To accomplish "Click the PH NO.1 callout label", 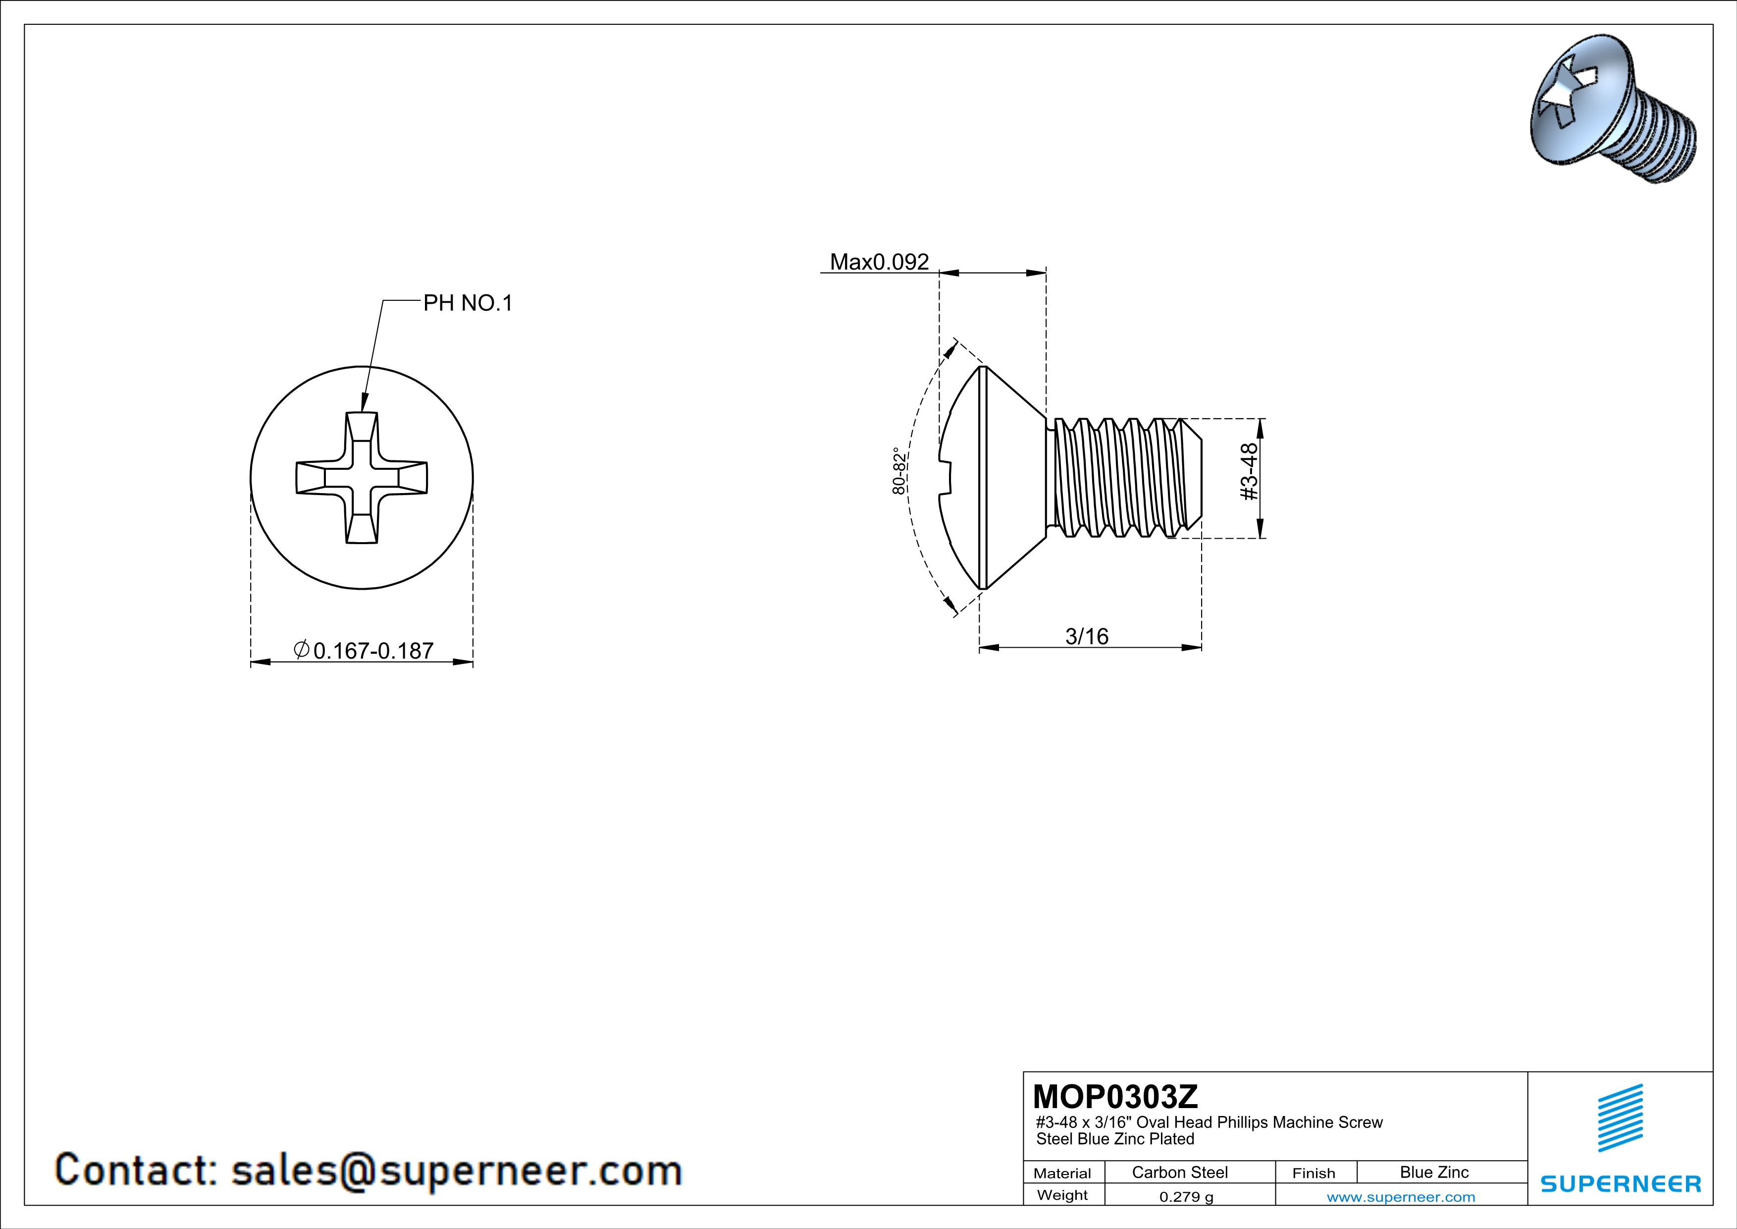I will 468,303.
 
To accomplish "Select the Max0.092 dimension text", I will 879,262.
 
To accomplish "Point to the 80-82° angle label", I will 899,471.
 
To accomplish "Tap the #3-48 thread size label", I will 1249,471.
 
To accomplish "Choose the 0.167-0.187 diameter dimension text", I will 372,651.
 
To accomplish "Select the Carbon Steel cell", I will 1179,1172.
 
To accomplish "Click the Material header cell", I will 1062,1173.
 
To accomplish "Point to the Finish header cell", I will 1314,1173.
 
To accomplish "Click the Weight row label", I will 1062,1195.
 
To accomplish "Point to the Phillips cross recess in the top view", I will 362,478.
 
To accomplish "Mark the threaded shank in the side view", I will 1123,478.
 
